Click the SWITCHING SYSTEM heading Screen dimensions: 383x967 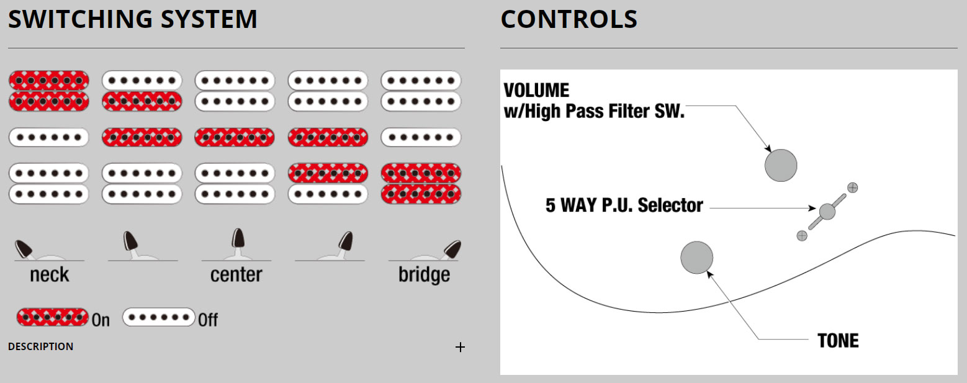(132, 20)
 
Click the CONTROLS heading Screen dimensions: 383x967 (569, 20)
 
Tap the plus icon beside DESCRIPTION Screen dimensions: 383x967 (460, 348)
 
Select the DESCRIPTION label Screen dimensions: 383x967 (40, 346)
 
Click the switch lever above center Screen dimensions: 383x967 (238, 240)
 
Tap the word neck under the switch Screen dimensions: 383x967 (50, 274)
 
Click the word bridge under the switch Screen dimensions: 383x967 (424, 274)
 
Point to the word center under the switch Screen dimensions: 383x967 (236, 274)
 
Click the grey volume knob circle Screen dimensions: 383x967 (780, 166)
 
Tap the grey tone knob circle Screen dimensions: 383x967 (696, 258)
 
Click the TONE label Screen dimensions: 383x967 (838, 341)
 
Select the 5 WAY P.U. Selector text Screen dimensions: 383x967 (624, 205)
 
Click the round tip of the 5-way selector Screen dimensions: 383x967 (827, 212)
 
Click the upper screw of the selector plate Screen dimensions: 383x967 (853, 187)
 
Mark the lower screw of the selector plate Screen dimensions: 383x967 (802, 235)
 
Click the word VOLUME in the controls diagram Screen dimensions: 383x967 (536, 91)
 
